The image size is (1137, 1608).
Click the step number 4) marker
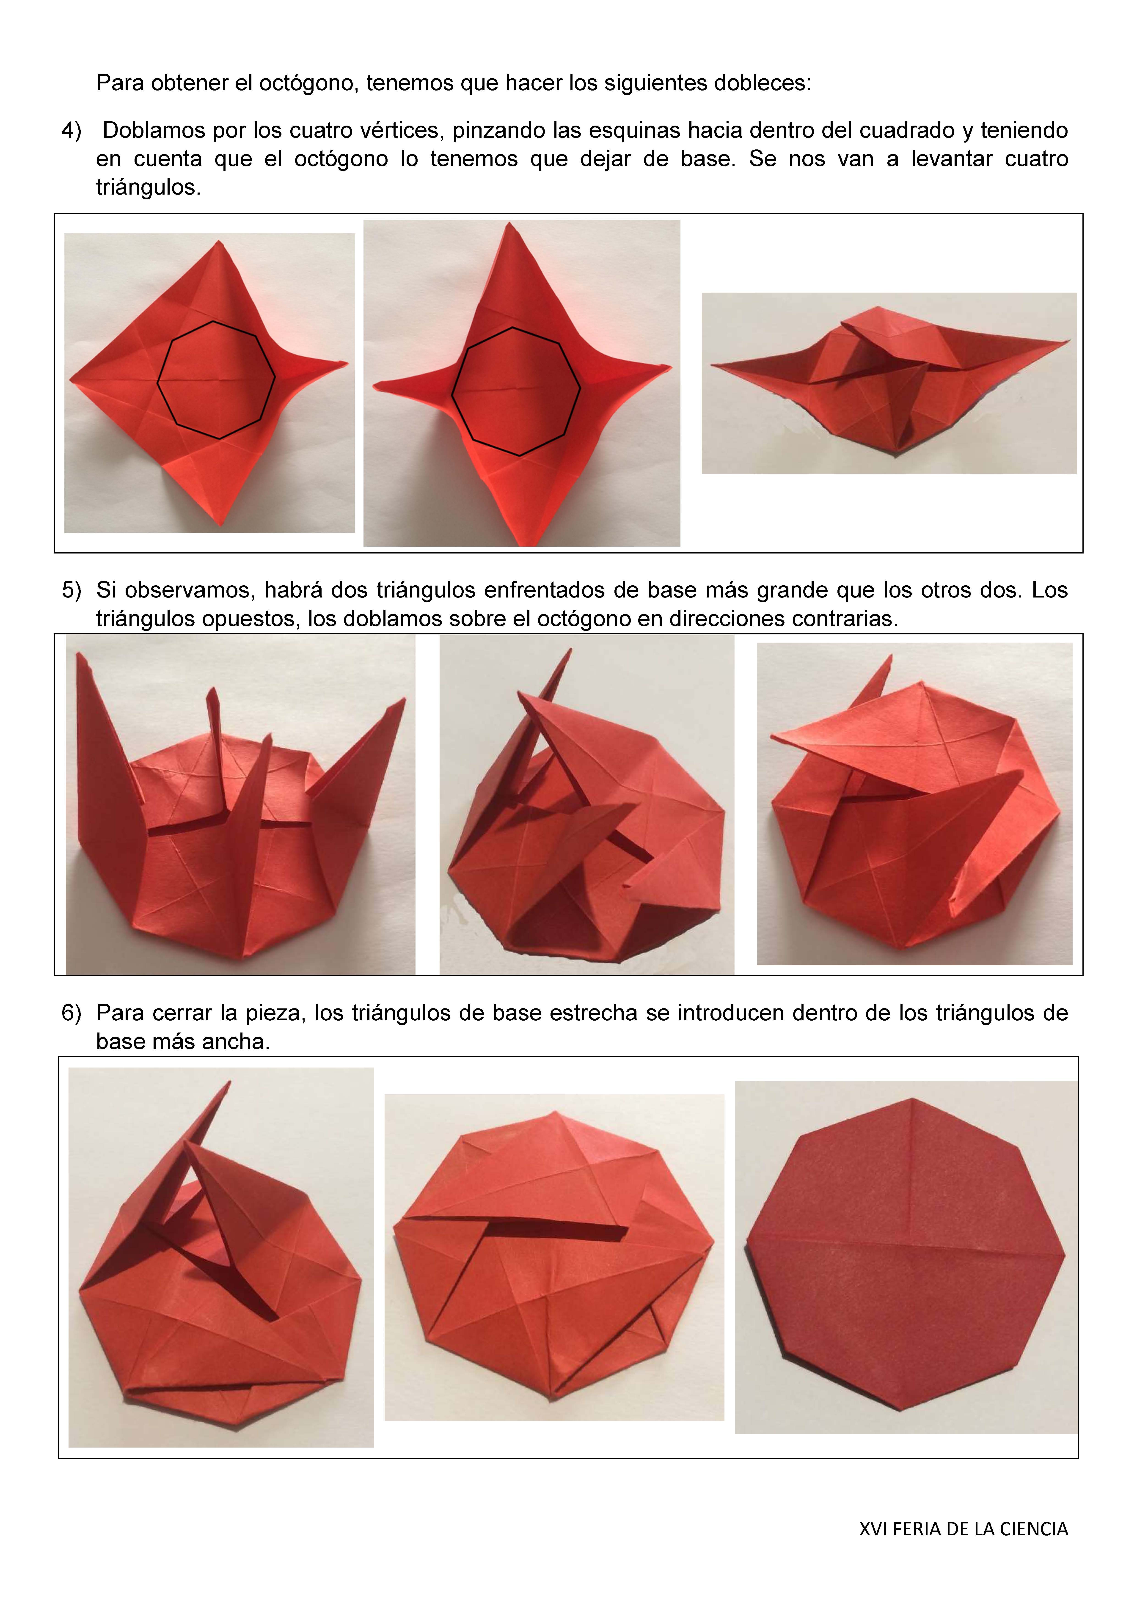[x=72, y=131]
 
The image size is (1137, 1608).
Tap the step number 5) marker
[x=72, y=590]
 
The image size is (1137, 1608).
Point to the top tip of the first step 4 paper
[x=219, y=242]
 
